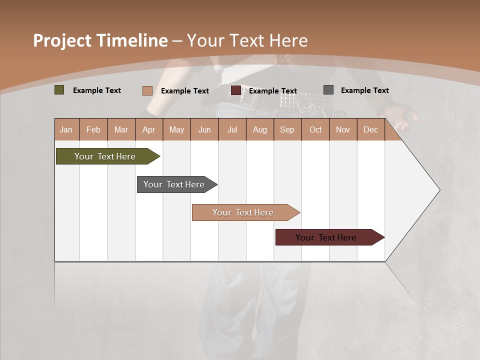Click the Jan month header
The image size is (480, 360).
(66, 129)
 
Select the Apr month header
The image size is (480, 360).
(148, 129)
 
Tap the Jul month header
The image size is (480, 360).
(232, 129)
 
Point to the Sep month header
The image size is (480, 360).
(287, 129)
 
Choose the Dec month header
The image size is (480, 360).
(370, 129)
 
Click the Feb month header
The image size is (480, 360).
(93, 129)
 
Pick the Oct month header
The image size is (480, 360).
(315, 129)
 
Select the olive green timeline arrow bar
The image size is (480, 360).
(105, 156)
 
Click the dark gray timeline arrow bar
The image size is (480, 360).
(174, 184)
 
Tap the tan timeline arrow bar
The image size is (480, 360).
(243, 212)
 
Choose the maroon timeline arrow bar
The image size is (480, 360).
(326, 237)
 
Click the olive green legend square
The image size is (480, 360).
(59, 90)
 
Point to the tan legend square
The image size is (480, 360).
(147, 90)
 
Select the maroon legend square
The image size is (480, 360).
(236, 90)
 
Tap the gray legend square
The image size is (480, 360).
(328, 90)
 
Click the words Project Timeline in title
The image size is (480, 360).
(100, 40)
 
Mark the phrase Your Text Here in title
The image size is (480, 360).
(247, 40)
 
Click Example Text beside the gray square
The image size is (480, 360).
(364, 90)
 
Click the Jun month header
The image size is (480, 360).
(204, 129)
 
